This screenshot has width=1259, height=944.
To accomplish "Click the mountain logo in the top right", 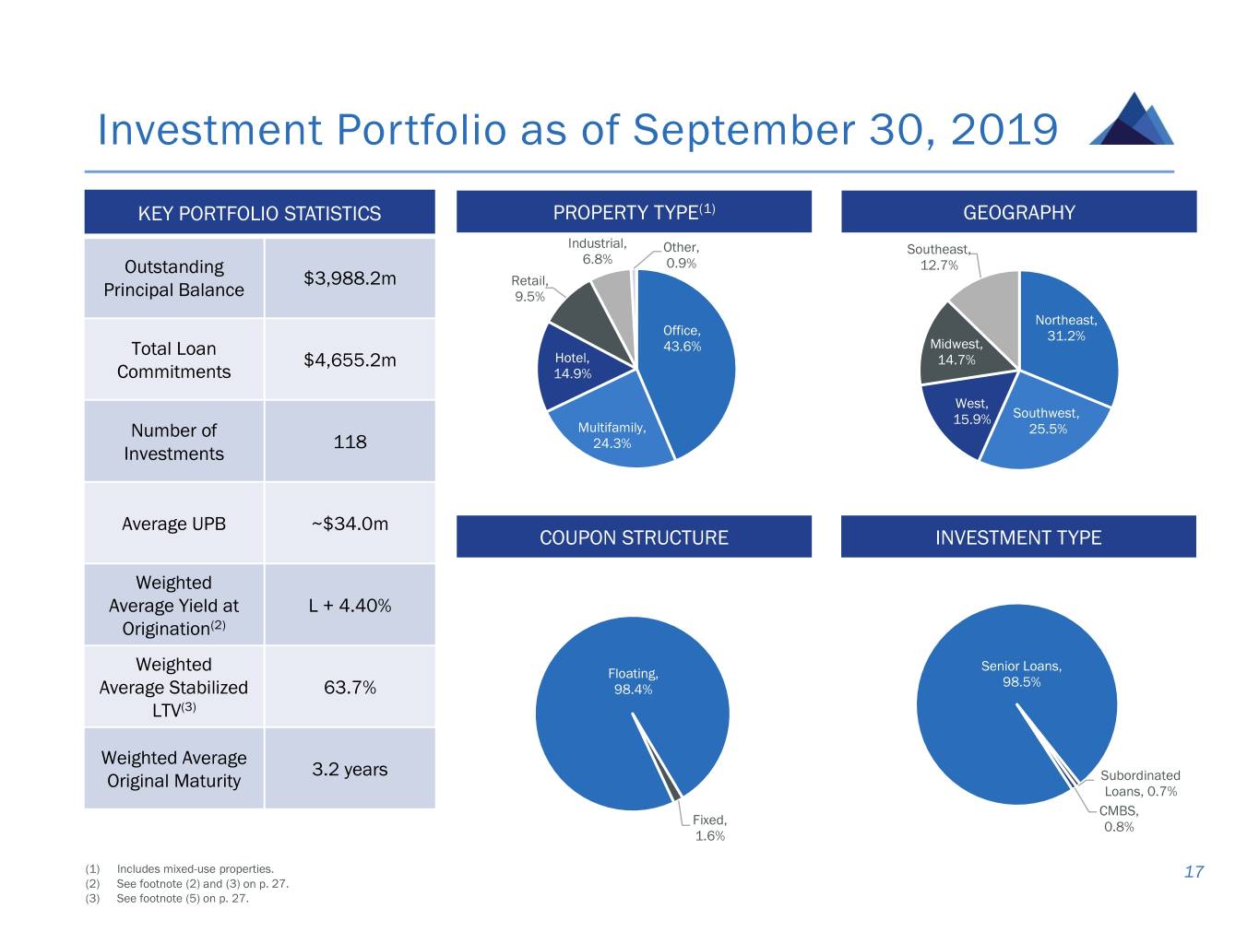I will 1132,120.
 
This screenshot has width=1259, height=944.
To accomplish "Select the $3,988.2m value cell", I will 350,278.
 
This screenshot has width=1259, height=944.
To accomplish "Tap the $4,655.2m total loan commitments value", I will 350,360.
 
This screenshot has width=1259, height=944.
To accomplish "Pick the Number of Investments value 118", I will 350,442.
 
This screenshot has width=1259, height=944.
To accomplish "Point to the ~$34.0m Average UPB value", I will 350,524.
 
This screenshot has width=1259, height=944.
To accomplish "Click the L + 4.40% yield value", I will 350,606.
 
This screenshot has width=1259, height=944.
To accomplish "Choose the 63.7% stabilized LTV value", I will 350,688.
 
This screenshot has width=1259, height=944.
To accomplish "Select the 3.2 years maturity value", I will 350,770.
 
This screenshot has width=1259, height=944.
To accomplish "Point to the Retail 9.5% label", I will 529,289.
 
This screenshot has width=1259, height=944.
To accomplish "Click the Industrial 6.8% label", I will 597,251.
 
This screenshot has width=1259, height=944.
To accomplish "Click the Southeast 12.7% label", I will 939,257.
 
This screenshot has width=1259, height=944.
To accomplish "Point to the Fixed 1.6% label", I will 709,828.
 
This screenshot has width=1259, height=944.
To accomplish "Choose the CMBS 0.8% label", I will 1119,819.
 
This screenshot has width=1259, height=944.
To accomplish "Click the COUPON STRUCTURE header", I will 634,537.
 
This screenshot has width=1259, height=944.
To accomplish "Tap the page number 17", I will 1194,872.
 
